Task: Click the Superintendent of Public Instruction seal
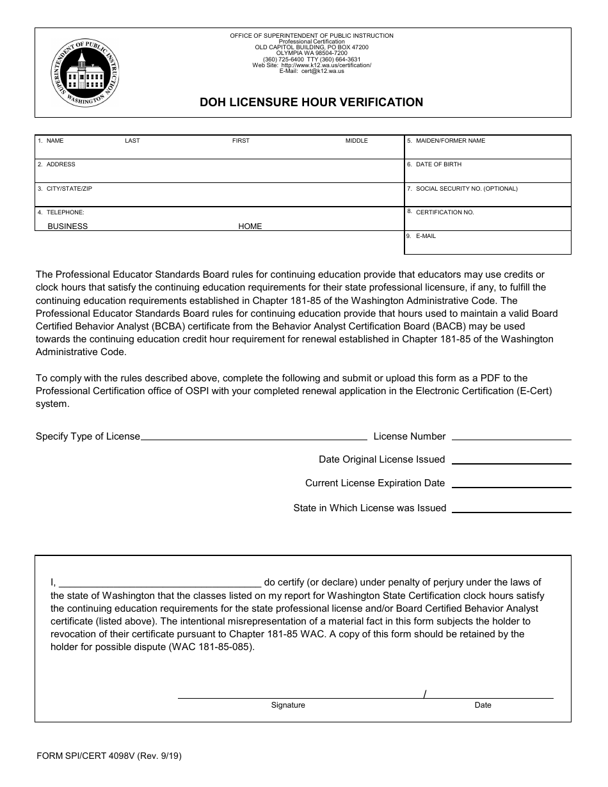coord(84,72)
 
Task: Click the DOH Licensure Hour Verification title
coord(311,102)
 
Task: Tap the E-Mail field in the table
coord(487,243)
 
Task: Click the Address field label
coord(61,164)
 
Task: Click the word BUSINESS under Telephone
coord(68,227)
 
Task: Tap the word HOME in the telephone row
coord(250,227)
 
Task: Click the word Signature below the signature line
coord(288,705)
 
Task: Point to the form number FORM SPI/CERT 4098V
coord(109,756)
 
